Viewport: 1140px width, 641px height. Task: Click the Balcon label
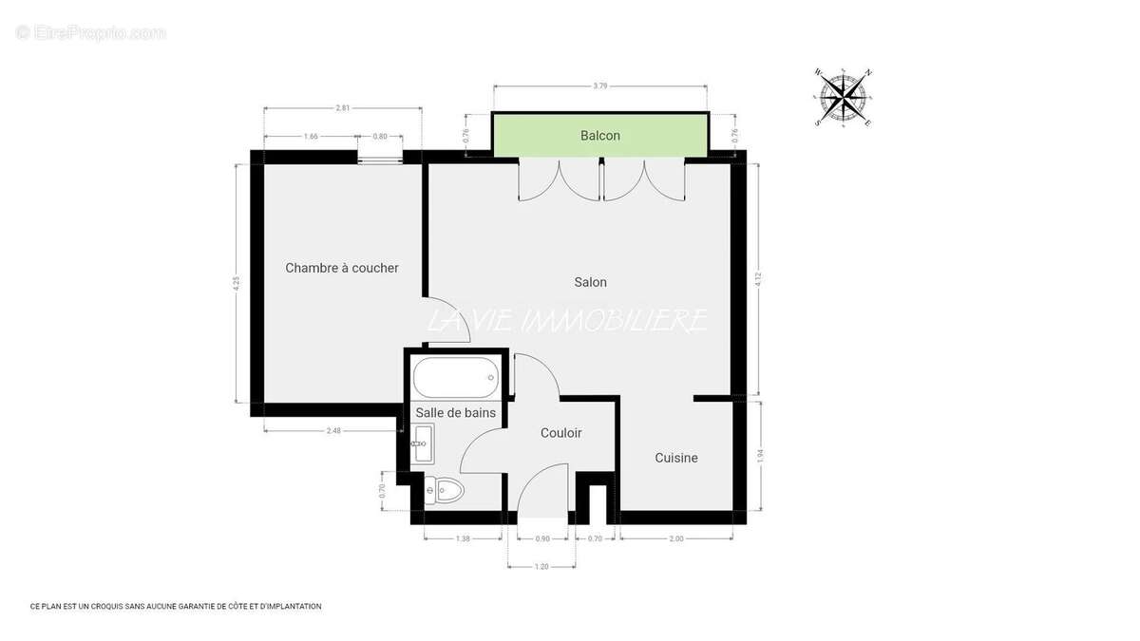[599, 136]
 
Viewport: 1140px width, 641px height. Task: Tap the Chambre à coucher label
[342, 268]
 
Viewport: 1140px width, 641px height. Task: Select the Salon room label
[590, 282]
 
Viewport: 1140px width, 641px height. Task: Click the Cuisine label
[676, 458]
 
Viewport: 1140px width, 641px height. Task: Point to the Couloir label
[560, 433]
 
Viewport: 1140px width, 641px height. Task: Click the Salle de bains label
[455, 412]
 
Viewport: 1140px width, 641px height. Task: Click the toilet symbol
[445, 490]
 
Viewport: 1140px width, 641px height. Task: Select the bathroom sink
[423, 443]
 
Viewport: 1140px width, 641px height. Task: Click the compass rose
[844, 96]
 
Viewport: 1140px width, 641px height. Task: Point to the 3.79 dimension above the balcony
[599, 86]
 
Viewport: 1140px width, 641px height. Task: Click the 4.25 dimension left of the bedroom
[236, 283]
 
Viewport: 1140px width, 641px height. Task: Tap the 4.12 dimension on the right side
[757, 279]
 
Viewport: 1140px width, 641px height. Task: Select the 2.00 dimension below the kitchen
[676, 538]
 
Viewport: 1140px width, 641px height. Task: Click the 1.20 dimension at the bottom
[541, 567]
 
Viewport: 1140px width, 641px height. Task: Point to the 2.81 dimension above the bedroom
[342, 108]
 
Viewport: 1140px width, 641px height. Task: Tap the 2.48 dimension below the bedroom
[332, 430]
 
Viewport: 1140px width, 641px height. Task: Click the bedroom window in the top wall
[380, 158]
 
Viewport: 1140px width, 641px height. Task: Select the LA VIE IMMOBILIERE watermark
[567, 321]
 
